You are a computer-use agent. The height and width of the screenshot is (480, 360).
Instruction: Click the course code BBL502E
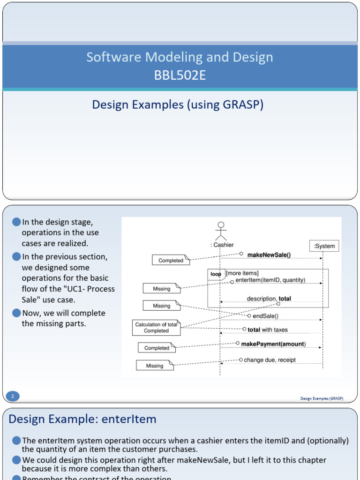click(180, 75)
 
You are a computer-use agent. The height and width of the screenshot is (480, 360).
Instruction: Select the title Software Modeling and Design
click(180, 58)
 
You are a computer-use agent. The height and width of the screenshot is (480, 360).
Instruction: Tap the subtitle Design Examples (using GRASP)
click(178, 105)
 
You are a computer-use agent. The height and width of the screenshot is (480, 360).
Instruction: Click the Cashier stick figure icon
click(221, 231)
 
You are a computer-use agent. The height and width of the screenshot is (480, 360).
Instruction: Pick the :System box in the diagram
click(324, 246)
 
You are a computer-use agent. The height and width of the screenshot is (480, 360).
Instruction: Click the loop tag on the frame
click(216, 274)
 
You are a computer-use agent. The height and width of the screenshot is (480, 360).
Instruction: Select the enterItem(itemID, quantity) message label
click(270, 280)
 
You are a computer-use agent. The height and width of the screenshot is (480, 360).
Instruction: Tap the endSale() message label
click(265, 316)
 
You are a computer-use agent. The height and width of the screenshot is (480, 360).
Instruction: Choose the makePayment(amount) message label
click(273, 344)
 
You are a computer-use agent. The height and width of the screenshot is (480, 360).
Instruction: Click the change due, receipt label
click(270, 360)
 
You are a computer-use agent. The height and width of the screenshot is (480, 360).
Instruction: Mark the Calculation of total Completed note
click(156, 328)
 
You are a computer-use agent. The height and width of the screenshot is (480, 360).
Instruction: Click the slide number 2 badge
click(13, 397)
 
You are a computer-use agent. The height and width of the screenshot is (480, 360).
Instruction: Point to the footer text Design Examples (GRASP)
click(322, 398)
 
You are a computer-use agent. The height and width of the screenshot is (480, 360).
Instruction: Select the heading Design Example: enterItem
click(82, 419)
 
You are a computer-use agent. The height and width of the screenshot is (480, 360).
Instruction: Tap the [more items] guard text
click(242, 273)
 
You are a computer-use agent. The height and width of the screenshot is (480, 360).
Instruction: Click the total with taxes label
click(268, 330)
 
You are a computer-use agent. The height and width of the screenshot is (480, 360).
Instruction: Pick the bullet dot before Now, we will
click(17, 313)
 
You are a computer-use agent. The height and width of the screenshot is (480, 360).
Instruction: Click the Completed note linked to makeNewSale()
click(171, 261)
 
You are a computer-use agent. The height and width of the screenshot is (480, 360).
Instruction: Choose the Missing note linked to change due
click(154, 366)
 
